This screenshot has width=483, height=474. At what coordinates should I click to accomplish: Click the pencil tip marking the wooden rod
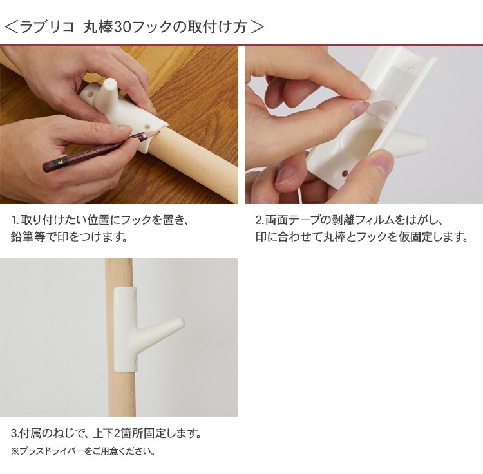(x=158, y=132)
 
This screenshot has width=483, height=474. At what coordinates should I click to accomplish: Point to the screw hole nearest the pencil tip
(x=147, y=126)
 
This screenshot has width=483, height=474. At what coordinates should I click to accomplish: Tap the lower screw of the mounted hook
(x=136, y=360)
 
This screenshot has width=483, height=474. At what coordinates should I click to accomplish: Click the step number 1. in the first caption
(x=15, y=220)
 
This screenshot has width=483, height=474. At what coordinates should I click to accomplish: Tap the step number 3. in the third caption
(x=15, y=433)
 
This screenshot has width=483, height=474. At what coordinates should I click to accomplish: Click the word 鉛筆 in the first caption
(x=22, y=237)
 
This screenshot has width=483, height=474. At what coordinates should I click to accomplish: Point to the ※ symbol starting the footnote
(x=15, y=451)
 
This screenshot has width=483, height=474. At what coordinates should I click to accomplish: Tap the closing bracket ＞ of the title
(x=256, y=27)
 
